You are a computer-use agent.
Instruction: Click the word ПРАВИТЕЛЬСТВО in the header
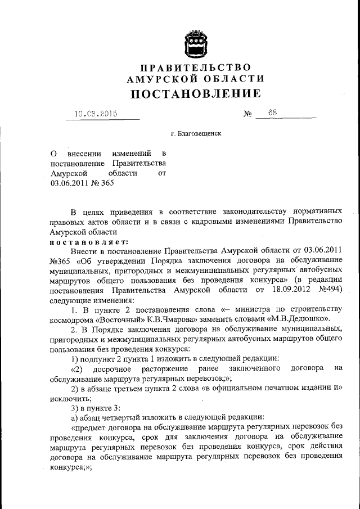[x=195, y=68]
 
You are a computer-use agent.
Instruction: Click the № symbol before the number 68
[x=247, y=114]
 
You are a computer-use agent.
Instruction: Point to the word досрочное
[x=116, y=368]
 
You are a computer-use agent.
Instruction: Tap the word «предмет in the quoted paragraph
[x=91, y=427]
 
